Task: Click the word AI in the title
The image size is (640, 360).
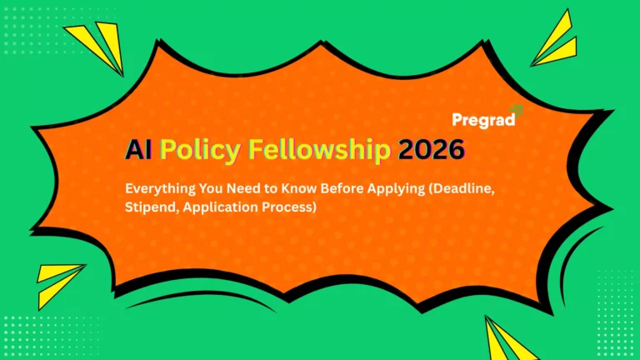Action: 137,150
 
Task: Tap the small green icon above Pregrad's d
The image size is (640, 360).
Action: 517,109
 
